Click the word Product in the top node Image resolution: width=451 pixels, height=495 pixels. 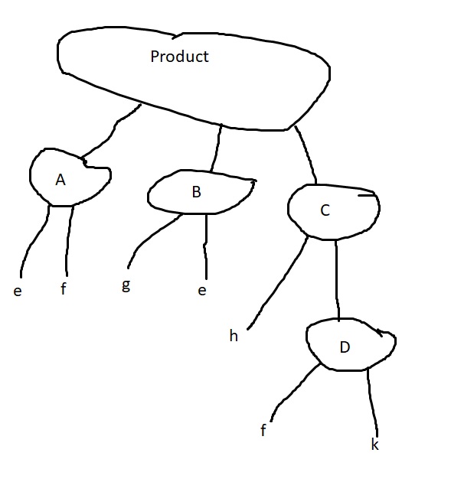click(179, 57)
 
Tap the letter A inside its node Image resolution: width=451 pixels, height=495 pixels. click(60, 180)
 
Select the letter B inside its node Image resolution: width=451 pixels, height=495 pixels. click(196, 192)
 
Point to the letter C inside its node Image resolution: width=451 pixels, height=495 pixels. click(325, 210)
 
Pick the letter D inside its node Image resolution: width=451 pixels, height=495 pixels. click(345, 347)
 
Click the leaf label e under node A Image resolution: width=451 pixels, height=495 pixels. click(18, 291)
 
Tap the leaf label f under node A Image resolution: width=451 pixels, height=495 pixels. click(64, 288)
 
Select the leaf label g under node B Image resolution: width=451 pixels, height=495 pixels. click(126, 285)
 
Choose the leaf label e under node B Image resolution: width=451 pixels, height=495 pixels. click(202, 291)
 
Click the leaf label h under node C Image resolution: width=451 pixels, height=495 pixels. click(234, 336)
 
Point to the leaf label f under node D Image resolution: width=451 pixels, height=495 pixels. click(263, 430)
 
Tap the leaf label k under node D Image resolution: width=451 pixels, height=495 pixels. click(375, 445)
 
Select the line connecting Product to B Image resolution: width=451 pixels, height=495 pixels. click(217, 148)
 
